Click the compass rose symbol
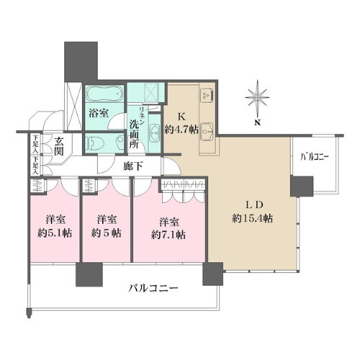pyautogui.click(x=256, y=98)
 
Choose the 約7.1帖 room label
pyautogui.click(x=169, y=235)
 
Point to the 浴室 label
pyautogui.click(x=99, y=113)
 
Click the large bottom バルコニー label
pyautogui.click(x=148, y=289)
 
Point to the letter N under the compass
pyautogui.click(x=256, y=123)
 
